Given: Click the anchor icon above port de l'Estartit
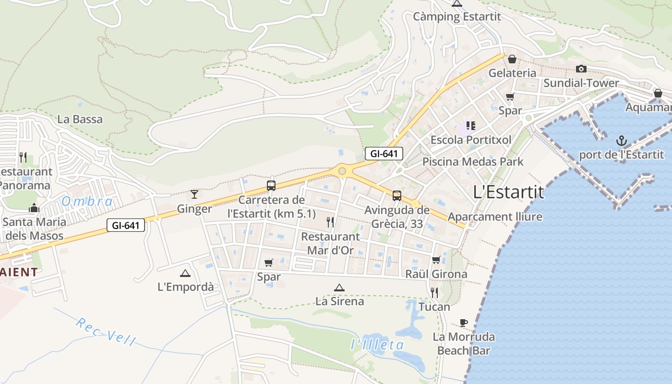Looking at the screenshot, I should coord(622,141).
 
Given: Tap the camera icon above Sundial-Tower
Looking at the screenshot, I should coord(581,69).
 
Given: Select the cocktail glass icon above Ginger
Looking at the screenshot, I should coord(194,194).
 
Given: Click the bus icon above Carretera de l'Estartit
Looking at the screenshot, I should coord(271,185).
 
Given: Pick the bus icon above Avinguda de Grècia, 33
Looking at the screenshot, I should coord(397,195).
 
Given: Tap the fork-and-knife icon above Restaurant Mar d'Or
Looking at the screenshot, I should coord(330,222).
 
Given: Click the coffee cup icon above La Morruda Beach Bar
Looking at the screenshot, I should coord(463,323).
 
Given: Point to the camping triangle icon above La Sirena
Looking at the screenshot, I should coord(339,288).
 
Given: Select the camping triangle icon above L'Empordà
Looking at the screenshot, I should coord(185,273).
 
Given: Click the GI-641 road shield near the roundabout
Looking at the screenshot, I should coord(384,154).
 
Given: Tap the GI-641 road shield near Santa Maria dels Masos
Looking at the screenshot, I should coord(126,225).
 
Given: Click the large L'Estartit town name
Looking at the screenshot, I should coord(508,192).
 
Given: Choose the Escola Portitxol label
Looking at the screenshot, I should coord(471,140).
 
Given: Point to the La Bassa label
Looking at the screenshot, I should coord(80,119).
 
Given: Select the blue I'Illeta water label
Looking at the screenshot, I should coord(377,345).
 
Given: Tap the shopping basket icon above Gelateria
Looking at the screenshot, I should coord(512,59).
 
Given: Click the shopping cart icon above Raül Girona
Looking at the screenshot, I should coord(436,260).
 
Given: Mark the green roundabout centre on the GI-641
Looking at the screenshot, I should coord(342,171).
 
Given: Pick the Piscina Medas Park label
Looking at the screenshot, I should coord(473,162).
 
